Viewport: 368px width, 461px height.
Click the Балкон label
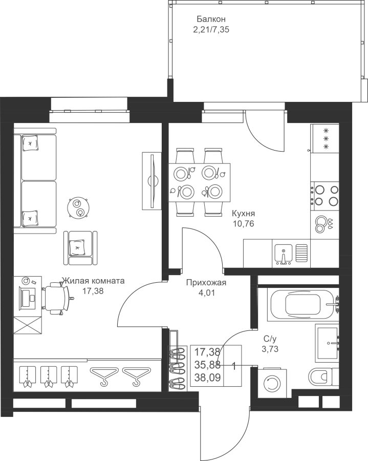point(211,19)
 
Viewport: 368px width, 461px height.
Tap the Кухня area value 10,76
point(244,224)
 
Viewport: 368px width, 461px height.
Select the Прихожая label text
point(206,283)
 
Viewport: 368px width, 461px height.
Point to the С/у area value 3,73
point(270,349)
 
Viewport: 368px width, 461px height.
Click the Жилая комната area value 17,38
point(93,291)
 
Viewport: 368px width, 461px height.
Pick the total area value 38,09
point(207,378)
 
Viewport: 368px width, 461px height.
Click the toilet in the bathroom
point(319,376)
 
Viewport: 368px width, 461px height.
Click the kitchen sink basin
point(284,254)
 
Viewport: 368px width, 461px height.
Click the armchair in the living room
point(80,247)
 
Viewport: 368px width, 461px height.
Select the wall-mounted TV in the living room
point(153,180)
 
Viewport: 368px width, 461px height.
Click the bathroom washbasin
point(327,343)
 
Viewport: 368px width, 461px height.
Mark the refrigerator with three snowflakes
point(326,138)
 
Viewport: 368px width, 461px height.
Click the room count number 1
point(234,366)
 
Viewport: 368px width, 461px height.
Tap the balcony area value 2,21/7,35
point(211,30)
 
